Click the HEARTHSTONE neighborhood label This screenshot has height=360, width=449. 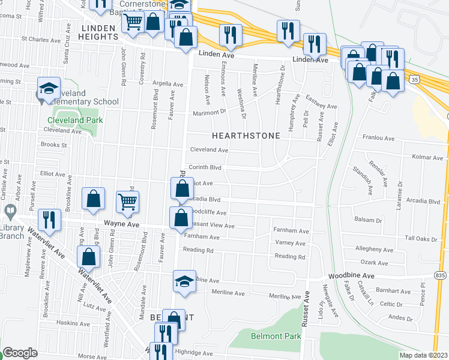pos(245,136)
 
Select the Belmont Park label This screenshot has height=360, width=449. pos(276,336)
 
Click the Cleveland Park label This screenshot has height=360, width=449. pos(75,120)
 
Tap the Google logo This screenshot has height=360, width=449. pos(20,352)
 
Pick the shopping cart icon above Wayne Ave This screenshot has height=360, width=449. pos(127,203)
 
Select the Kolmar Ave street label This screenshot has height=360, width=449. pos(427,157)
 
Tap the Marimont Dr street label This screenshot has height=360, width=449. pos(209,112)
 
